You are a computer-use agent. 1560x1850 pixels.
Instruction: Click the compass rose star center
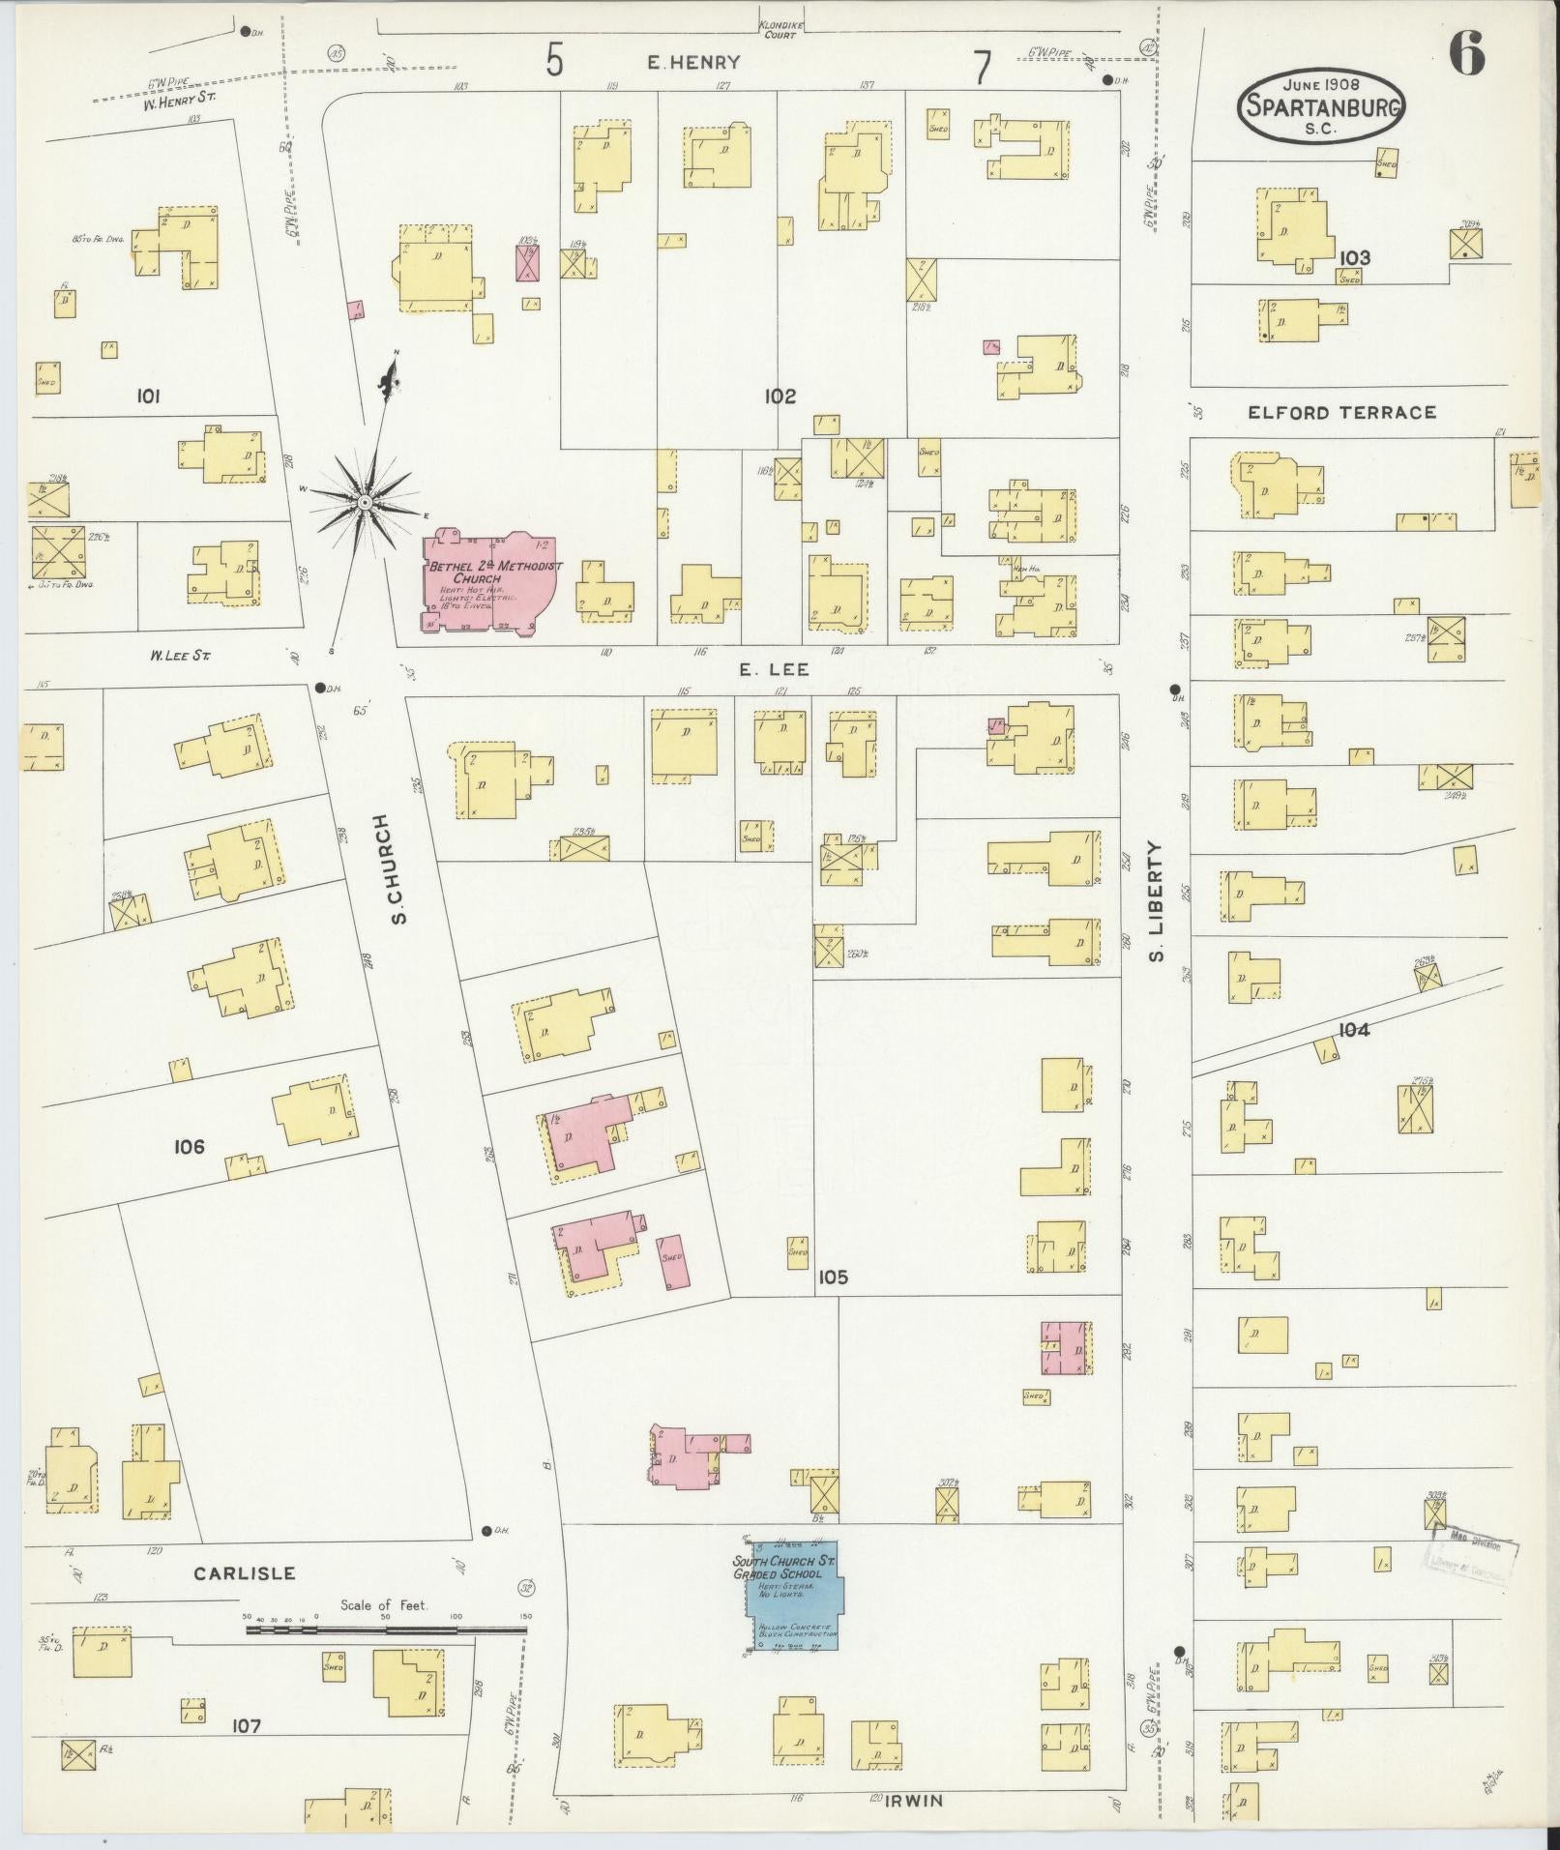pos(366,503)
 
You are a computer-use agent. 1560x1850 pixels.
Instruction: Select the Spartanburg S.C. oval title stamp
pos(1320,106)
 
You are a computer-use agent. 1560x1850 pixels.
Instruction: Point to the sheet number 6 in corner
pos(1467,55)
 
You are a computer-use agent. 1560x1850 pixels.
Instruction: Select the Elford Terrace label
pos(1341,413)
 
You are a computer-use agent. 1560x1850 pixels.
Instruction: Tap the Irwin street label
pos(914,1801)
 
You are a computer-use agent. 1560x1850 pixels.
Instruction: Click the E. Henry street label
pos(693,63)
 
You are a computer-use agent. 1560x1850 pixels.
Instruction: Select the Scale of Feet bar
pos(386,1630)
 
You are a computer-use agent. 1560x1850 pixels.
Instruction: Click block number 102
pos(780,396)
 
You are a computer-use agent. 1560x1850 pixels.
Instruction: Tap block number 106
pos(190,1147)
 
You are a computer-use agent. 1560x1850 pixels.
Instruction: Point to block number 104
pos(1354,1030)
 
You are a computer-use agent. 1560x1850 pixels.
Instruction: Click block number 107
pos(247,1724)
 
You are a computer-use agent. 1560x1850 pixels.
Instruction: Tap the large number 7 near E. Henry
pos(983,68)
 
